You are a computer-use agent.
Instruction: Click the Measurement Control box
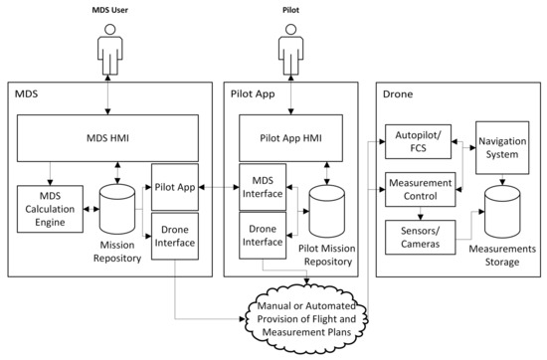coord(419,190)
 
